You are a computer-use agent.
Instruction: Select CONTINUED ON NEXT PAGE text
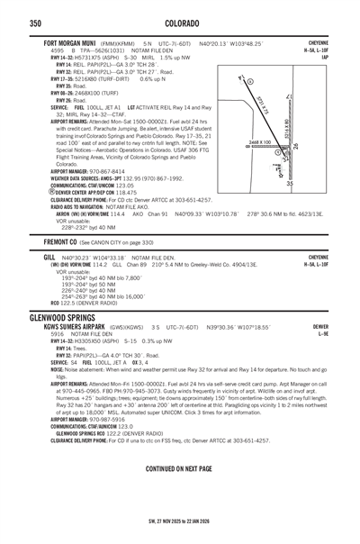click(x=178, y=469)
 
